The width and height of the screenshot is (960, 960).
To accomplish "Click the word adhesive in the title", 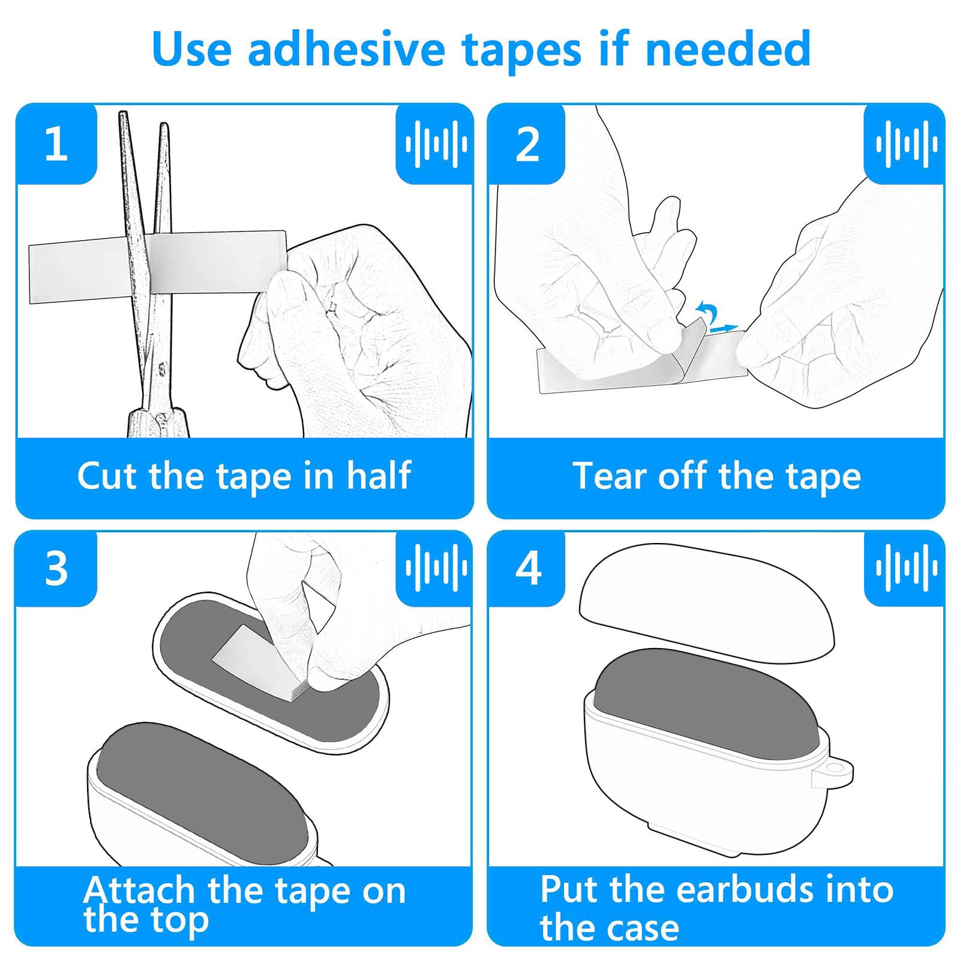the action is click(x=346, y=49).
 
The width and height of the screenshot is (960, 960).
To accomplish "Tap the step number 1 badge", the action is click(x=56, y=144).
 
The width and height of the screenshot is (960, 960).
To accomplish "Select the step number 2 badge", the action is click(x=527, y=144).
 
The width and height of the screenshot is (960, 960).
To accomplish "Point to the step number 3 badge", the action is click(x=56, y=568).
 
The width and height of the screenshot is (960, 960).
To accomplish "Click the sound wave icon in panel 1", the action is click(x=436, y=144).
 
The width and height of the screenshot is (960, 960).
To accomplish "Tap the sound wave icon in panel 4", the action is click(x=906, y=568).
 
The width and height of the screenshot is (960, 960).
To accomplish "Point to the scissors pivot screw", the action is click(x=161, y=367).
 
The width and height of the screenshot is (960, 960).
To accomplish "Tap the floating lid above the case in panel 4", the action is click(x=707, y=604).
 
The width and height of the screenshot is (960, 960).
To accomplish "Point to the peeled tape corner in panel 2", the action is click(x=690, y=343).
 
